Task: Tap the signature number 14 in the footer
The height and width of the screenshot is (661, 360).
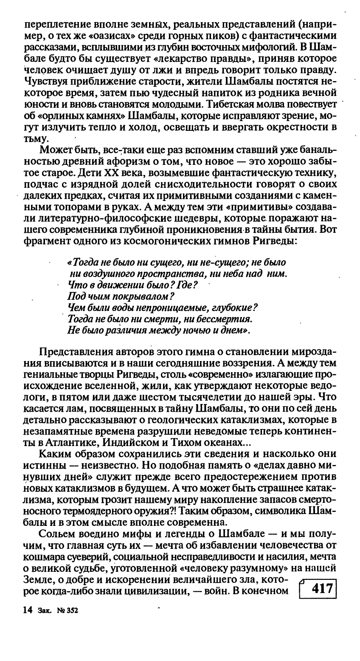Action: (27, 610)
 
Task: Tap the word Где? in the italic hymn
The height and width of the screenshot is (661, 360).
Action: (185, 283)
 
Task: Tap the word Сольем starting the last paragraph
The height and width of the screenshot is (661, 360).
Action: (54, 534)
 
